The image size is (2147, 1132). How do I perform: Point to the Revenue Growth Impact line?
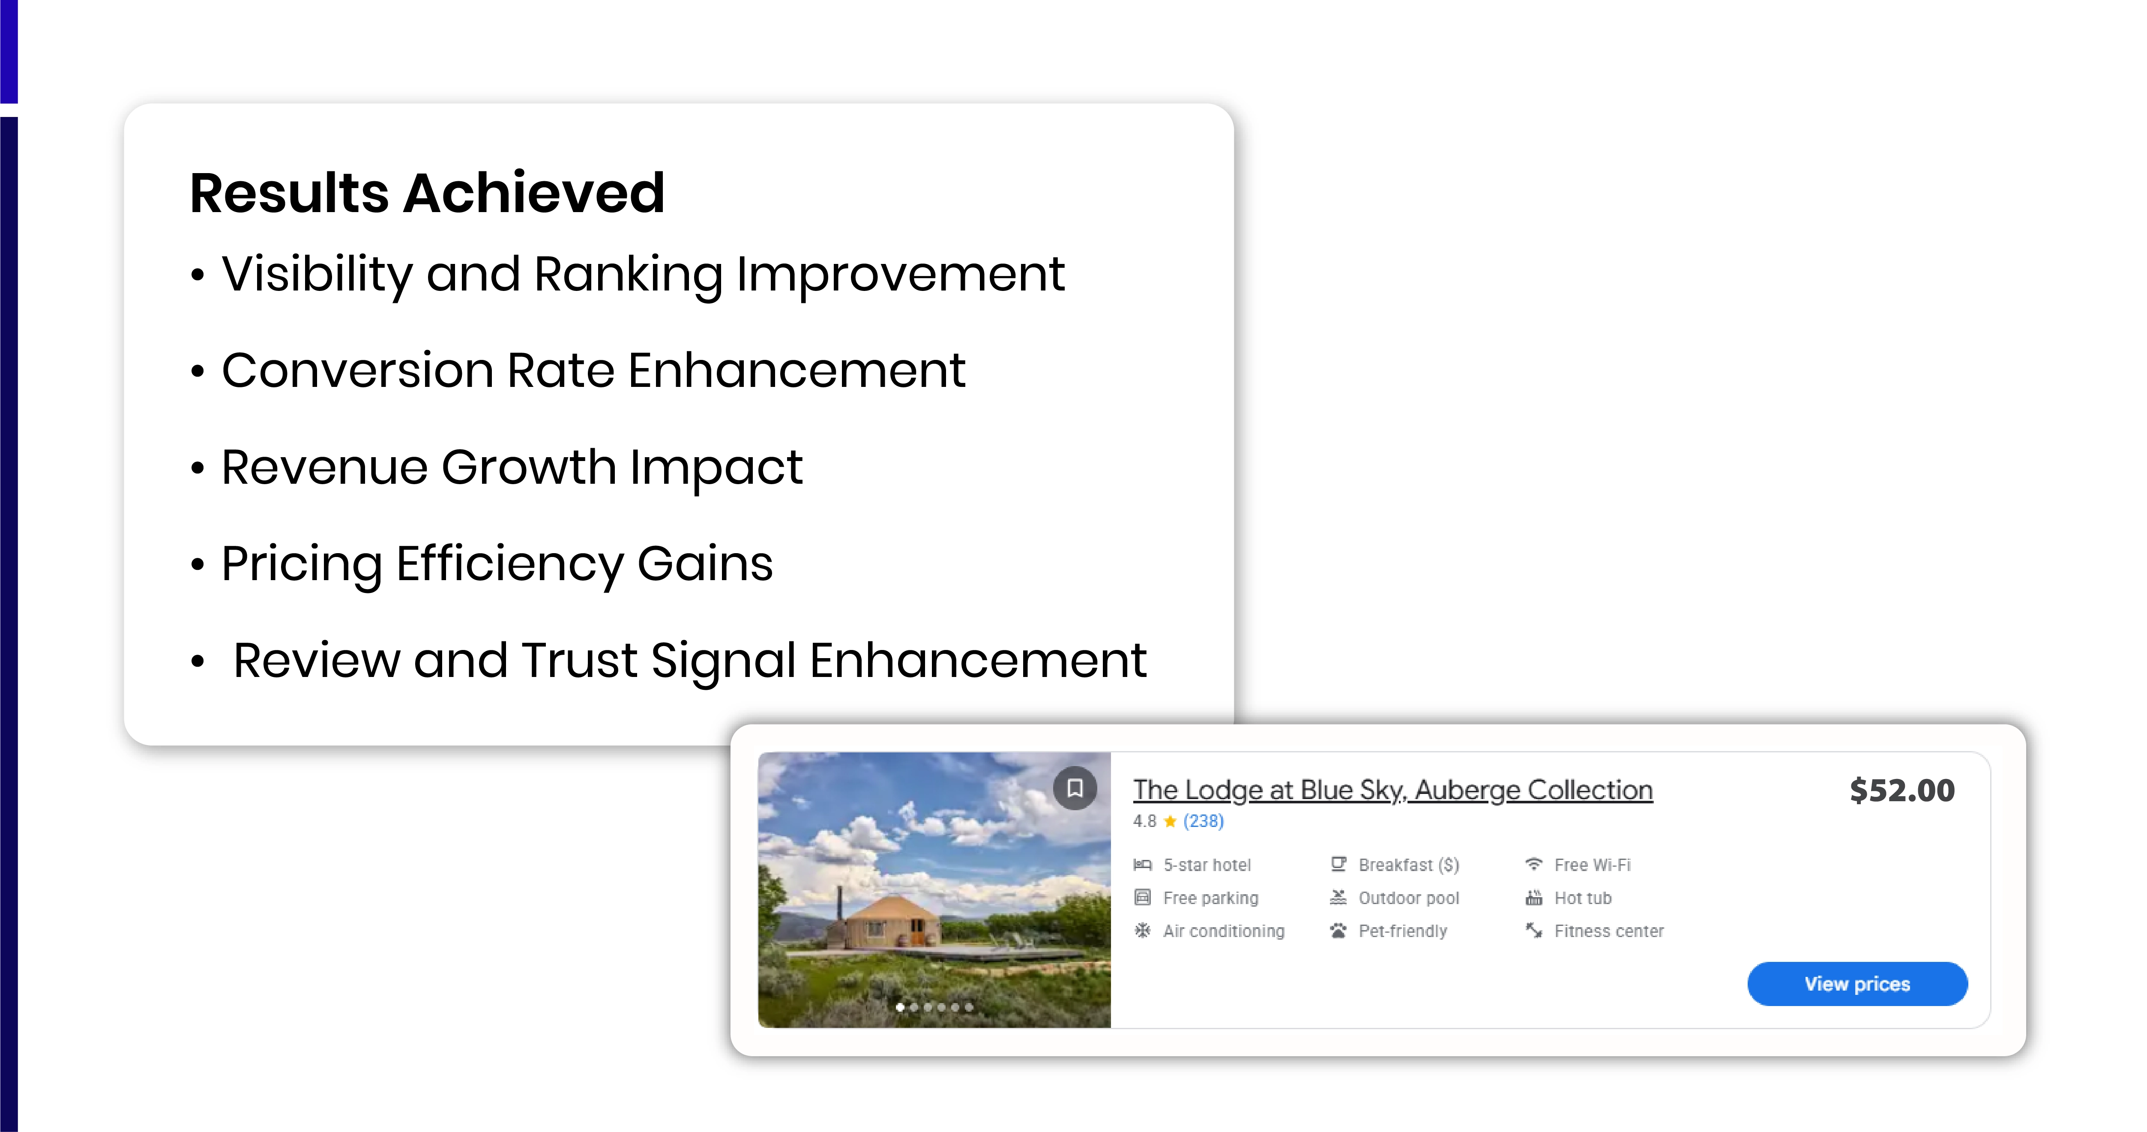(511, 467)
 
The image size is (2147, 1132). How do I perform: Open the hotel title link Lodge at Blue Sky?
(1392, 789)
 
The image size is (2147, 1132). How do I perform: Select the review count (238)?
(1204, 821)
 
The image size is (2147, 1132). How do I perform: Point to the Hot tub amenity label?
(1582, 898)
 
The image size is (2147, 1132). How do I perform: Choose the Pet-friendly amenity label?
(1402, 931)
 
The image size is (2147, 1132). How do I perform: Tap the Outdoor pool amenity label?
(1408, 898)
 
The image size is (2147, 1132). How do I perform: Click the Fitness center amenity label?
(1608, 931)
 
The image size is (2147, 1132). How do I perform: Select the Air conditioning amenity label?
(1223, 931)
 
